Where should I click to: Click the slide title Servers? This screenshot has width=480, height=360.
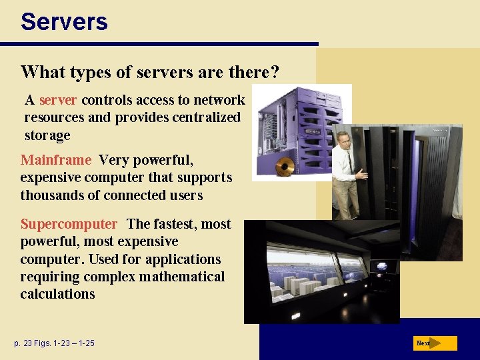pos(64,21)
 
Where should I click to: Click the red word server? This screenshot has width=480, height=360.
pos(59,100)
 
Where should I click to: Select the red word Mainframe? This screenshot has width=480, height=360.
pos(56,160)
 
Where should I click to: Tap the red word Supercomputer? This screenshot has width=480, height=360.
pos(69,224)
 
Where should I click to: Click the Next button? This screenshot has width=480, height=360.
pos(434,343)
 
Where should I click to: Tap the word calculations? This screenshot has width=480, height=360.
pos(57,294)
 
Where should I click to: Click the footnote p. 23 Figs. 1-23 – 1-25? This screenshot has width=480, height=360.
pos(55,343)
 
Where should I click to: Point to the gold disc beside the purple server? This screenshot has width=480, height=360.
pos(285,166)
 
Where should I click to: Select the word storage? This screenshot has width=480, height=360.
pos(47,135)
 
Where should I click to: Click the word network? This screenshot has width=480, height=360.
pos(219,100)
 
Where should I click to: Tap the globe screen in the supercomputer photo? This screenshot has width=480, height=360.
pos(381,266)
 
